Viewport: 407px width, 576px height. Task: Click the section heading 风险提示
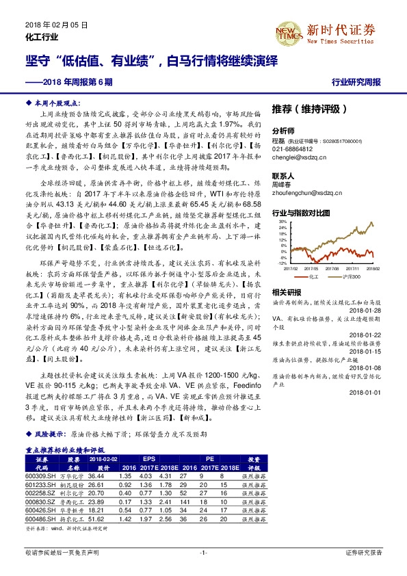49,434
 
